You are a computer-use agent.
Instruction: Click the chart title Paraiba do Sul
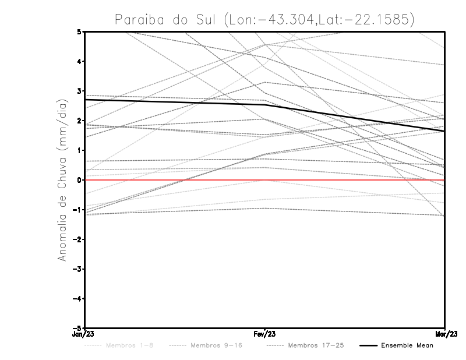click(264, 20)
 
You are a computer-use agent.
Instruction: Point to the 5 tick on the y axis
click(79, 31)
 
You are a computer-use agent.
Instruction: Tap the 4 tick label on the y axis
click(79, 61)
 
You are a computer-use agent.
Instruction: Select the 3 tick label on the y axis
click(79, 91)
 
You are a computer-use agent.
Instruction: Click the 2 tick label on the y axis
click(79, 121)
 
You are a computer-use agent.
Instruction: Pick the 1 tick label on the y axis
click(79, 150)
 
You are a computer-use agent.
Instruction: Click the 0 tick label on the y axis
click(79, 180)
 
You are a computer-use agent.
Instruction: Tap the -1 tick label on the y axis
click(77, 210)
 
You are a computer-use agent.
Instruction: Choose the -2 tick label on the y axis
click(77, 239)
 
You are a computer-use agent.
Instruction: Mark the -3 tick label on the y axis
click(77, 269)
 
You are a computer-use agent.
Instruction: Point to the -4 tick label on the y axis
click(77, 299)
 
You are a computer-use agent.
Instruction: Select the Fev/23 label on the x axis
click(264, 334)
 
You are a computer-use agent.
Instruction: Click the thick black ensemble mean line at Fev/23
click(264, 105)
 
